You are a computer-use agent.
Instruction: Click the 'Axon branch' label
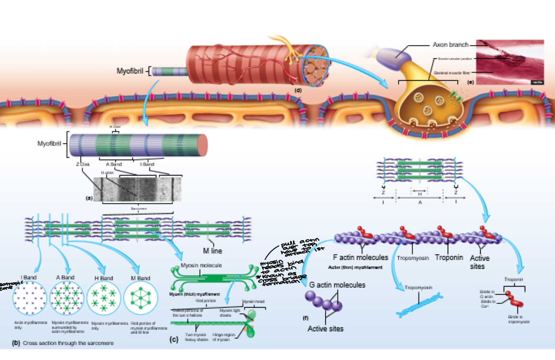point(450,44)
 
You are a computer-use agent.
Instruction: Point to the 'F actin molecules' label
point(361,258)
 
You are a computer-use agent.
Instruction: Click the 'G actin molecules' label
point(337,284)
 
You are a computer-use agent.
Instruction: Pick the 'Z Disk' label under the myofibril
point(82,164)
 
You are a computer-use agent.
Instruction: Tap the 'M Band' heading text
point(140,278)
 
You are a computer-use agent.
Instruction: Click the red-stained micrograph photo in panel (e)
point(510,62)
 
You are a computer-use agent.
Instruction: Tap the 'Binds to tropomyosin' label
point(519,319)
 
